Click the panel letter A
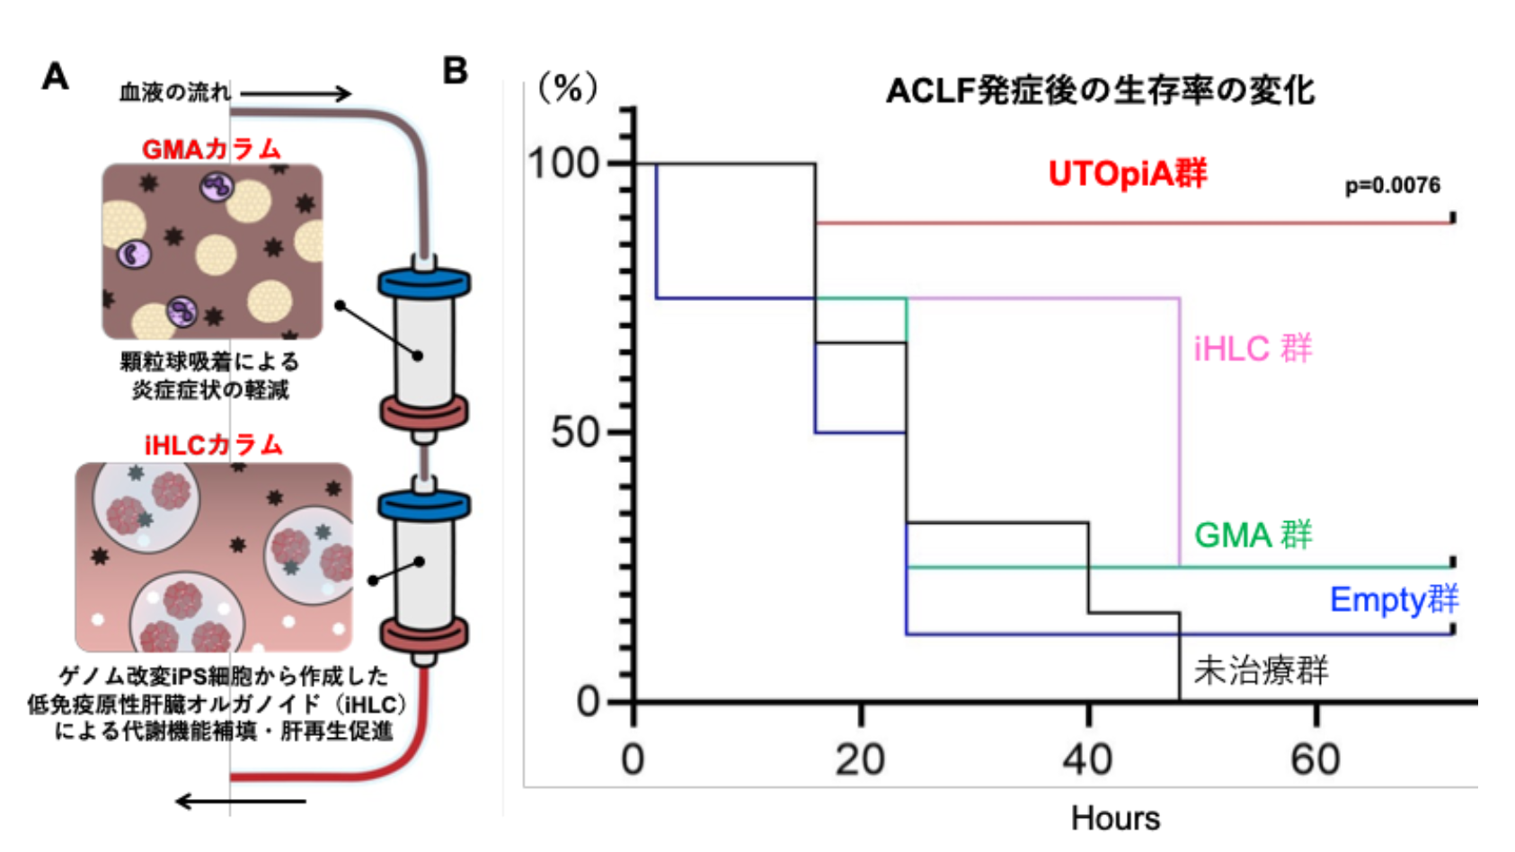click(56, 77)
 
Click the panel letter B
click(456, 71)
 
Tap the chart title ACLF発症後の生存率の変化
click(1100, 91)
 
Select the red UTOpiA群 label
click(1128, 173)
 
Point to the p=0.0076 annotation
click(1392, 186)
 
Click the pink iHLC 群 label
click(1253, 349)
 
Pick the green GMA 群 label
click(1253, 535)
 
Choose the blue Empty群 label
click(1394, 599)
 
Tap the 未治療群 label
click(1261, 670)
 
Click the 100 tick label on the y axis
click(563, 164)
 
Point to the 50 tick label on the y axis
click(576, 432)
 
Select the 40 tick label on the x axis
click(1087, 759)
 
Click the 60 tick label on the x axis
click(1316, 759)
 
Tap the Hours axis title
click(1115, 819)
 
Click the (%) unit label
click(567, 89)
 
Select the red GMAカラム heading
click(211, 149)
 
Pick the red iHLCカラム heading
click(214, 445)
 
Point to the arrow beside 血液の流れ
click(296, 93)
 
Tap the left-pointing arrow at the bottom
click(240, 801)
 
